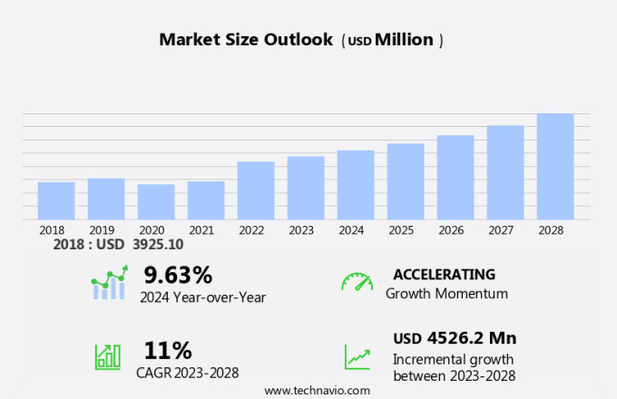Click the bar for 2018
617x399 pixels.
(56, 200)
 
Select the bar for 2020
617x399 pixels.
(156, 201)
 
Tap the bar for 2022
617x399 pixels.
(256, 190)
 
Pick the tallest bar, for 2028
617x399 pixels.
(555, 166)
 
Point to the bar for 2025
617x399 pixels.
(406, 181)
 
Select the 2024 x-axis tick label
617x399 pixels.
(351, 230)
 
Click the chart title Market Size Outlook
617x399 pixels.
(245, 40)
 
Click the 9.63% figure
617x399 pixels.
(178, 274)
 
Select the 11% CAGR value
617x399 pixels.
(168, 350)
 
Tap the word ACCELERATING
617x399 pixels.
(445, 274)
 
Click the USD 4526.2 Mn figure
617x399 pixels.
(455, 338)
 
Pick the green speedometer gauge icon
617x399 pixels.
(357, 282)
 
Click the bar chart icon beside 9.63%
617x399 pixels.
(108, 283)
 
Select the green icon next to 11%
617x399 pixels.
(108, 355)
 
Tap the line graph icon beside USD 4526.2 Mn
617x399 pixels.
(357, 356)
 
